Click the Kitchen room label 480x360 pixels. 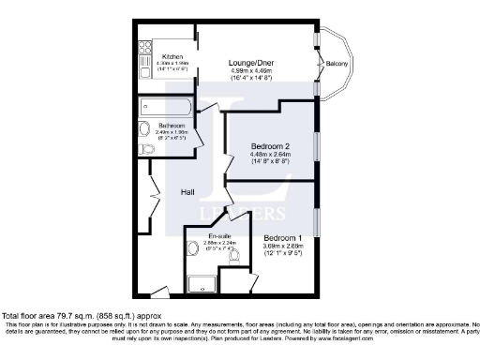pyautogui.click(x=172, y=55)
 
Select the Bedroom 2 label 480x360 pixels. pyautogui.click(x=270, y=147)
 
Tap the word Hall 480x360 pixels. pyautogui.click(x=188, y=191)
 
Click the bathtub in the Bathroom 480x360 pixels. pyautogui.click(x=166, y=106)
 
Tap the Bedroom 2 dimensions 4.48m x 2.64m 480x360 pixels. pyautogui.click(x=270, y=156)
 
